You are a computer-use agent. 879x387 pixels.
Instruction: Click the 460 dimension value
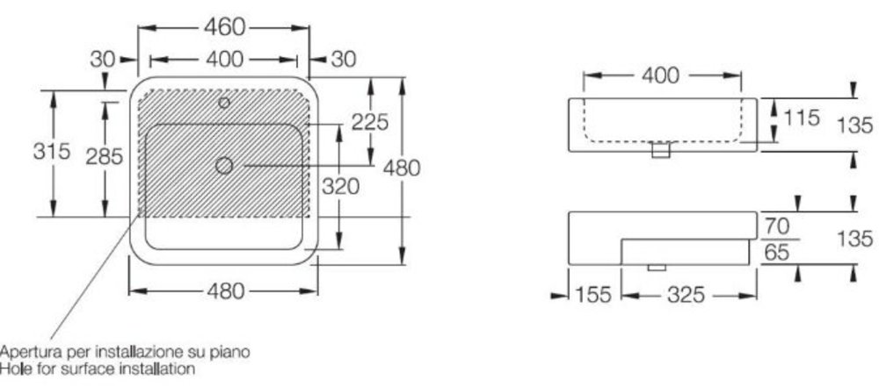[x=224, y=27]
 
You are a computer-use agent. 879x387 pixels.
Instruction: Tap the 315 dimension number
[x=52, y=151]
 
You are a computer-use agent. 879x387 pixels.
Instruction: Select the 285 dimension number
[x=105, y=157]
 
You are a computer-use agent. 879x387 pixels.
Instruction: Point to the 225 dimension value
[x=370, y=121]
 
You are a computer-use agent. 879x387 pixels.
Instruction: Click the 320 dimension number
[x=340, y=186]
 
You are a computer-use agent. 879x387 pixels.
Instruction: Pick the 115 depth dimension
[x=801, y=118]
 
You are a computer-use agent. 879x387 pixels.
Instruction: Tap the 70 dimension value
[x=777, y=226]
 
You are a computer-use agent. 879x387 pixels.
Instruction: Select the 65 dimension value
[x=777, y=253]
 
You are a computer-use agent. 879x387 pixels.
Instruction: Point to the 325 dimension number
[x=686, y=295]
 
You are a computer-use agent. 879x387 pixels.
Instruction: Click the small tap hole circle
[x=224, y=103]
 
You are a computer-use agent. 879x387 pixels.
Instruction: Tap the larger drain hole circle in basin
[x=224, y=165]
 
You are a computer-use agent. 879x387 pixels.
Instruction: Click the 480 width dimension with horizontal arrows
[x=224, y=291]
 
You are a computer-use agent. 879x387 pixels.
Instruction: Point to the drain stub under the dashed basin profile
[x=661, y=150]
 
